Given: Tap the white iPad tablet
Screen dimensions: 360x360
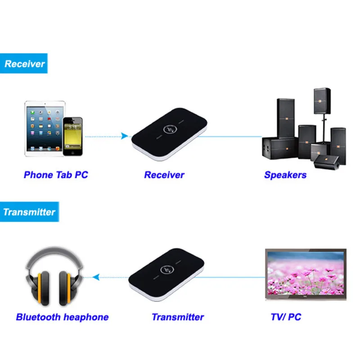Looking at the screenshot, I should tap(43, 129).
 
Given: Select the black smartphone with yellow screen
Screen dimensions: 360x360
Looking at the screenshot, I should tap(73, 136).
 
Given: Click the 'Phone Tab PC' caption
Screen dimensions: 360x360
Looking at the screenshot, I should tap(56, 175).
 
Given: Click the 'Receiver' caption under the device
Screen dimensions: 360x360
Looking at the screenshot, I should tap(164, 175).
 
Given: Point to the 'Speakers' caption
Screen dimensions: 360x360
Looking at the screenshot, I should tap(285, 175).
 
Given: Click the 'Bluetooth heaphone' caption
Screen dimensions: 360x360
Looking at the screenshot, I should tap(62, 317).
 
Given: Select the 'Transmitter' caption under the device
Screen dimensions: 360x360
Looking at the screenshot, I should tap(177, 317).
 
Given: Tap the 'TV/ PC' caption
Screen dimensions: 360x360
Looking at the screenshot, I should tap(286, 317).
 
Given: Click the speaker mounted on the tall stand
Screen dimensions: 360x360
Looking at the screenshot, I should tap(322, 101).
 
